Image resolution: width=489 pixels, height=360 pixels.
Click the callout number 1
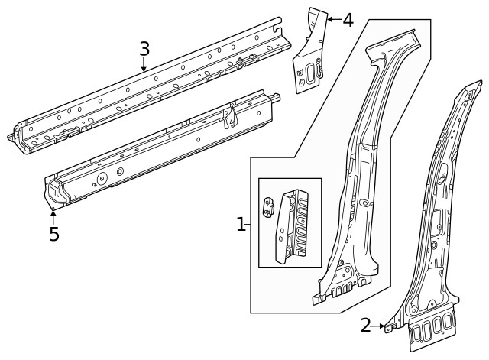tap(241, 225)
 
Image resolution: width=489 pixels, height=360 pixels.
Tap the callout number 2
tap(366, 326)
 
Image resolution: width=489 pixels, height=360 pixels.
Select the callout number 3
tap(144, 49)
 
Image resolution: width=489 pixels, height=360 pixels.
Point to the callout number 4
tap(348, 20)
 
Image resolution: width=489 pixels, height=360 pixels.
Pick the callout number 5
tap(53, 234)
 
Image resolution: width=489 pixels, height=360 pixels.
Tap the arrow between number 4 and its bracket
tap(332, 18)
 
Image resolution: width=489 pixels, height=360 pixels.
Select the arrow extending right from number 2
tap(380, 326)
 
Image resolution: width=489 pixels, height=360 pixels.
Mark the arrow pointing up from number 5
tap(53, 216)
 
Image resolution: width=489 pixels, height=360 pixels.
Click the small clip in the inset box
tap(268, 207)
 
